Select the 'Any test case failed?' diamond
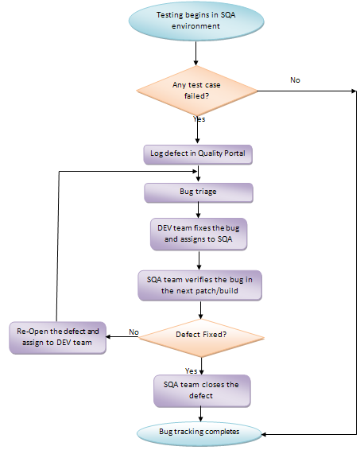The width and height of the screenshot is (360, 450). (x=195, y=90)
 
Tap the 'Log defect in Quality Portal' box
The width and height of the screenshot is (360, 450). (x=198, y=153)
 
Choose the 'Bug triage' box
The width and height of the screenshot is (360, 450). (x=198, y=192)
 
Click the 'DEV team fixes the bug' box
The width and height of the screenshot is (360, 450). (x=198, y=234)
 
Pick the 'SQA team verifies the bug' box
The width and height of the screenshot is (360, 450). (x=198, y=285)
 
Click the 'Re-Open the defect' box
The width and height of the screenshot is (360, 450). (x=59, y=336)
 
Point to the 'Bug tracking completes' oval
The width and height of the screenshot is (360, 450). (x=200, y=432)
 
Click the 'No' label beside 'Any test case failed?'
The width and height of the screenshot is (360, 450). (x=295, y=80)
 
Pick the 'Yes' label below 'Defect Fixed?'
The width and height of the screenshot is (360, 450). (x=191, y=370)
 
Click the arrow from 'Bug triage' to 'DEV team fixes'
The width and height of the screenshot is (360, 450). (x=198, y=210)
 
